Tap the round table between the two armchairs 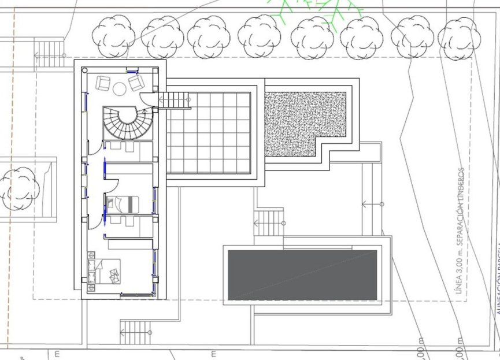[x=120, y=89]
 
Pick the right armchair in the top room [x=136, y=83]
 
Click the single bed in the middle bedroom [x=123, y=203]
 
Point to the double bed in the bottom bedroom [x=109, y=272]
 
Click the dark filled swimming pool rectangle [x=302, y=274]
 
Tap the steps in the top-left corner [x=50, y=54]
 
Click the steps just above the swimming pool [x=269, y=222]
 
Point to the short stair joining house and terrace [x=175, y=100]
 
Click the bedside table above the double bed [x=91, y=254]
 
